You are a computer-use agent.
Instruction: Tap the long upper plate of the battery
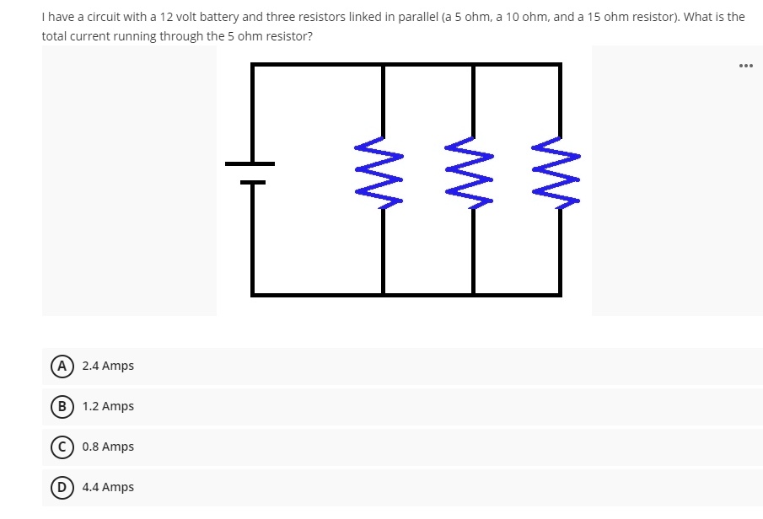pyautogui.click(x=250, y=163)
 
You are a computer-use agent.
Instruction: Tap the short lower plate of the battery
pyautogui.click(x=251, y=182)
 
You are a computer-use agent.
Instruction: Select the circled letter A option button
pyautogui.click(x=61, y=366)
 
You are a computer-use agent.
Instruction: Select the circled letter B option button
pyautogui.click(x=61, y=406)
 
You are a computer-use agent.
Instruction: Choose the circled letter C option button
pyautogui.click(x=61, y=447)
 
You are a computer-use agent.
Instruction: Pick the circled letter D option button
pyautogui.click(x=61, y=487)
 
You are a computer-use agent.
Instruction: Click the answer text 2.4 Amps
pyautogui.click(x=108, y=366)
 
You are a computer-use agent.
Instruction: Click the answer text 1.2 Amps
pyautogui.click(x=108, y=406)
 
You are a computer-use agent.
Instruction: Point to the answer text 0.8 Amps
pyautogui.click(x=108, y=447)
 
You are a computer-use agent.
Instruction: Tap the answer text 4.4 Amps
pyautogui.click(x=108, y=487)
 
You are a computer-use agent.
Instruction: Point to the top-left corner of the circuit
pyautogui.click(x=252, y=64)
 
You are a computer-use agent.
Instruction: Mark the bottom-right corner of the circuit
pyautogui.click(x=560, y=295)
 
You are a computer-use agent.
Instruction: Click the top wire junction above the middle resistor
pyautogui.click(x=473, y=64)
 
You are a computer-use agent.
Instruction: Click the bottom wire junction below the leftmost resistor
pyautogui.click(x=383, y=295)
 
